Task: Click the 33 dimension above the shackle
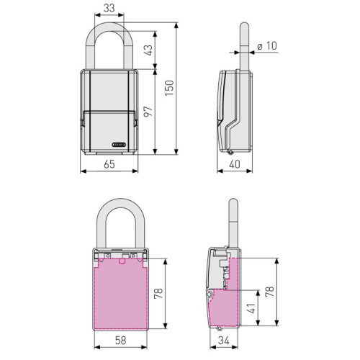tap(108, 9)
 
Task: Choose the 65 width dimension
tap(109, 164)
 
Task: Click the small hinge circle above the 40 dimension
tap(230, 150)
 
